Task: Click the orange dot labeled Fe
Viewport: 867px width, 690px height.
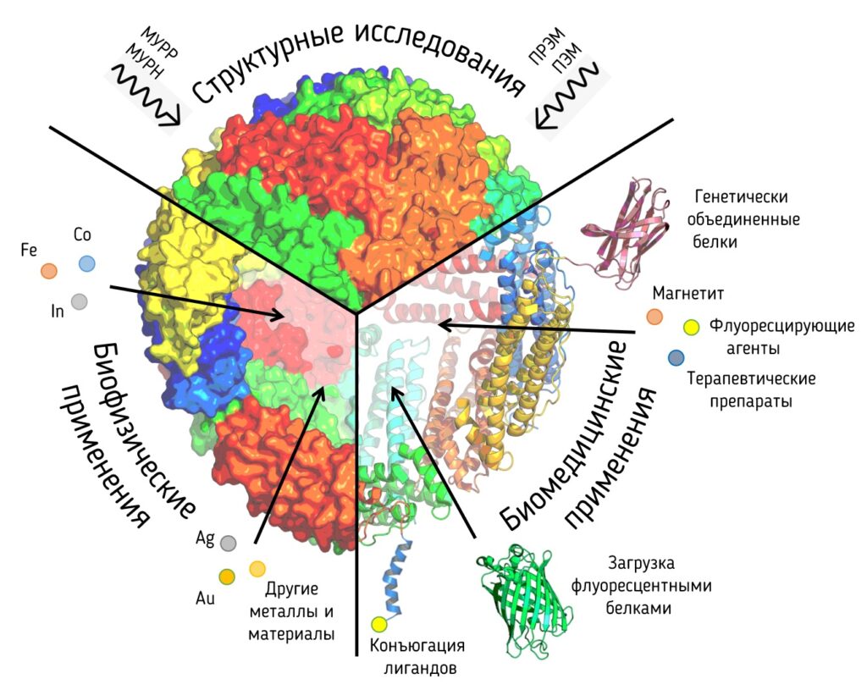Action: click(x=49, y=271)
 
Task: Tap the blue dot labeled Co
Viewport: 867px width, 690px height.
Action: click(x=86, y=263)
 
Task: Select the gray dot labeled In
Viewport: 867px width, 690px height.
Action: click(x=79, y=301)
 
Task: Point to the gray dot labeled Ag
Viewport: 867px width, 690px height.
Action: click(x=227, y=542)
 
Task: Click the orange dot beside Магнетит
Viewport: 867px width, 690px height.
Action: click(x=654, y=317)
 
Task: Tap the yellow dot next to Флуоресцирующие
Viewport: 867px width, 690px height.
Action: click(x=691, y=327)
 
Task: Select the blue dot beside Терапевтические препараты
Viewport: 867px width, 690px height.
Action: click(x=676, y=357)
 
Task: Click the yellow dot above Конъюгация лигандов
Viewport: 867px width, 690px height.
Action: click(x=378, y=625)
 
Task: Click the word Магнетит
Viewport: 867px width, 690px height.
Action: click(x=687, y=294)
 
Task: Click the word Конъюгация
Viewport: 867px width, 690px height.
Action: click(x=418, y=646)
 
